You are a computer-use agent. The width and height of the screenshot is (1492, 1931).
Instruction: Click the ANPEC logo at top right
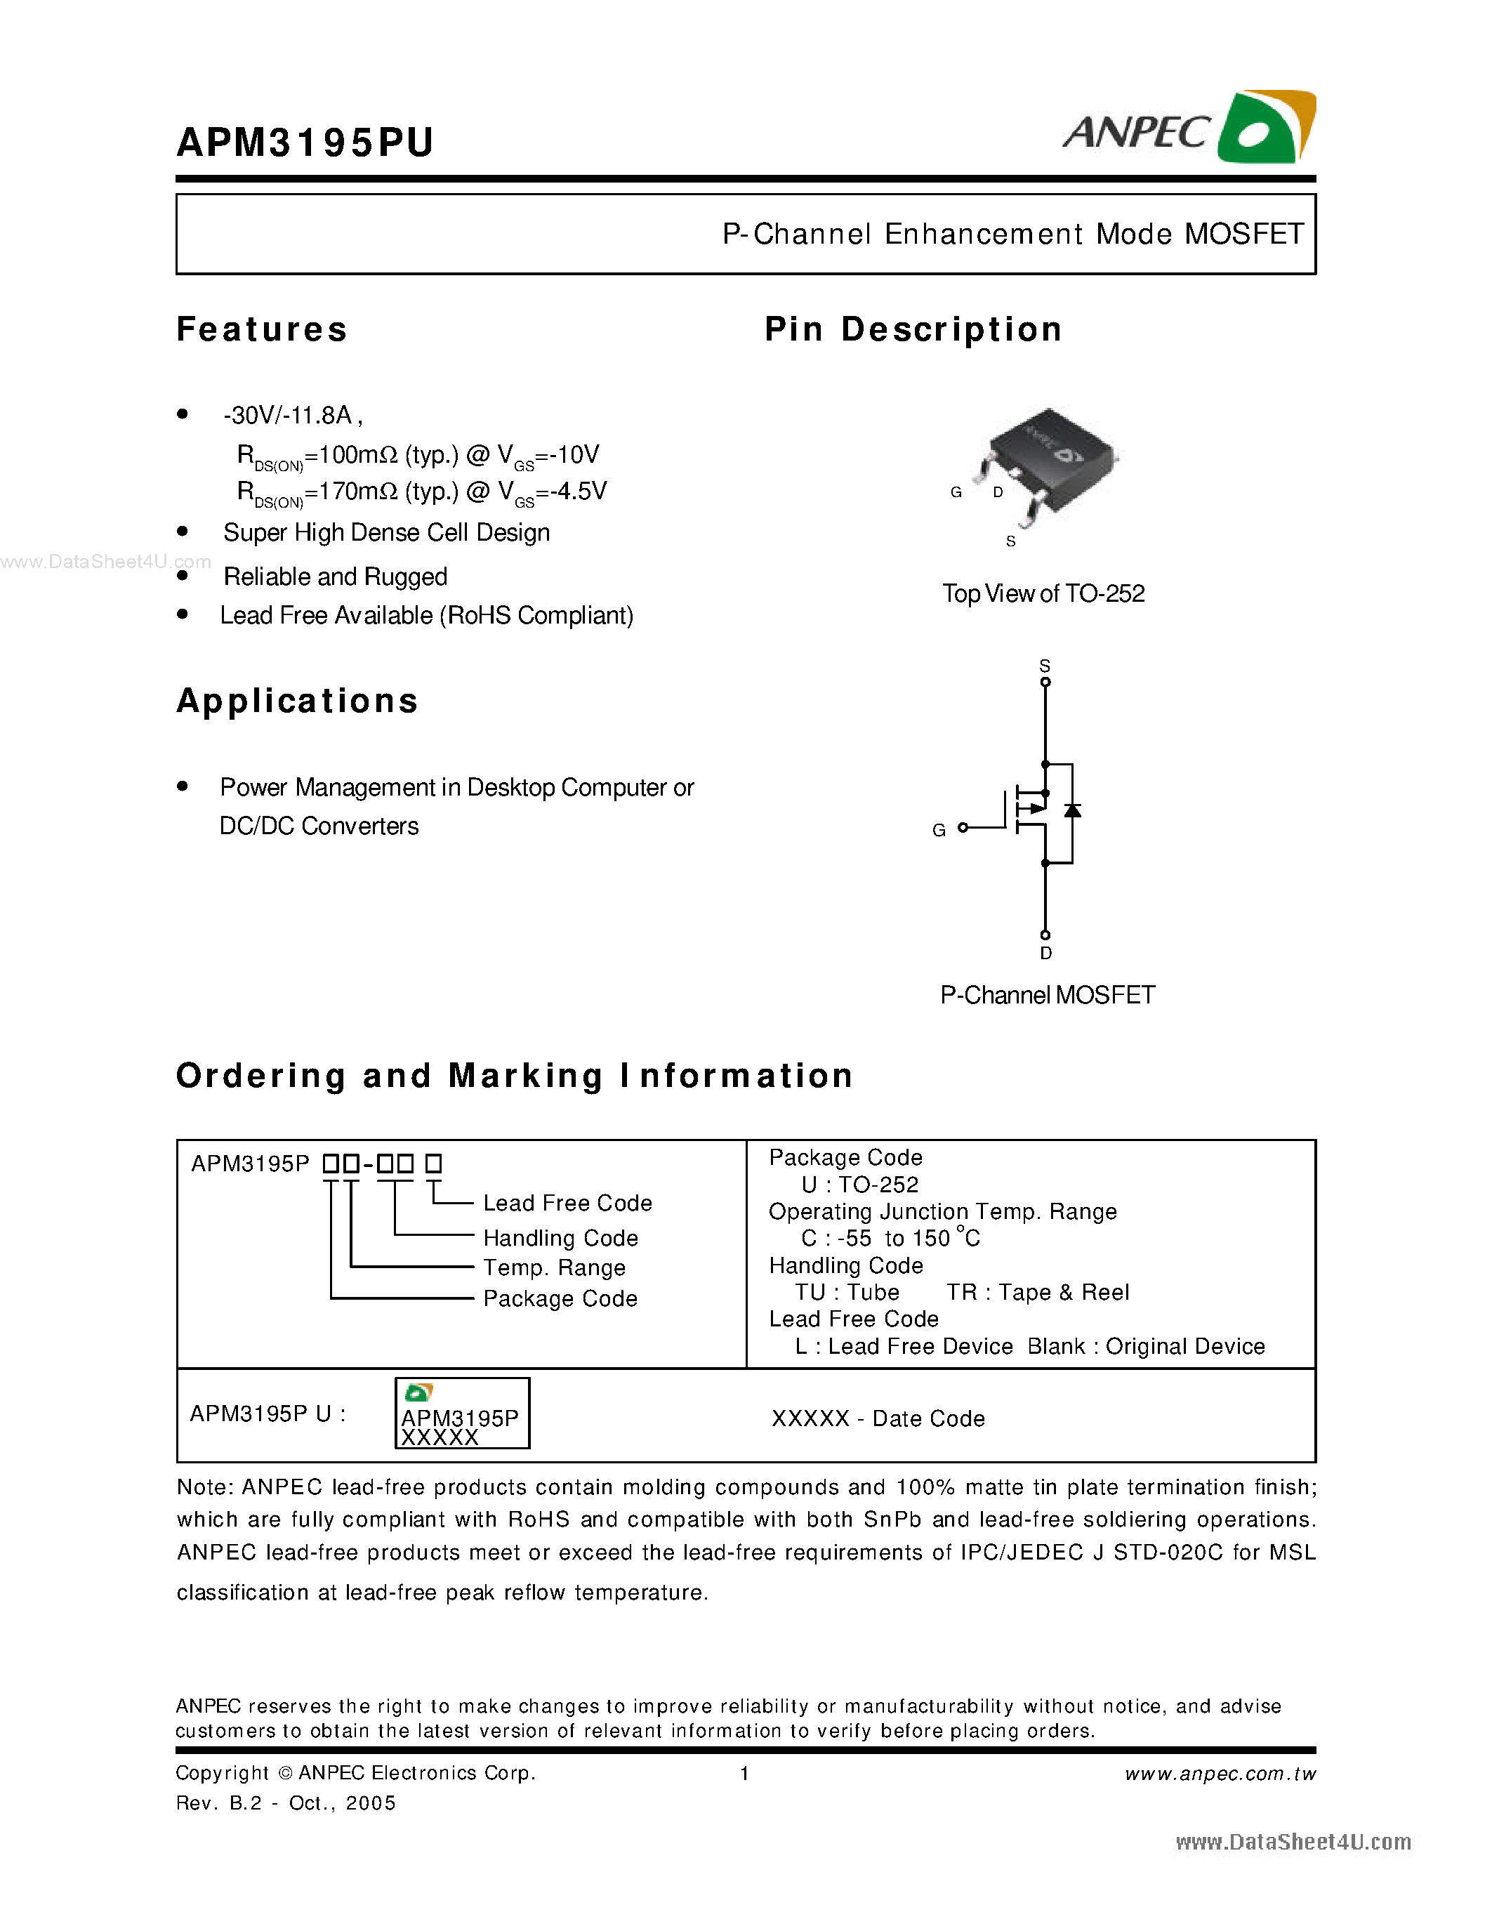click(1189, 128)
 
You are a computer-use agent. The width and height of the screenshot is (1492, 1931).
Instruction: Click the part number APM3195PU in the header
click(305, 143)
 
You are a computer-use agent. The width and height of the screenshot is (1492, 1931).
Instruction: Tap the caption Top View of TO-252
click(1043, 593)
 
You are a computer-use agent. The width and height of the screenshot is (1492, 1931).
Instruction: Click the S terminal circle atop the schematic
click(1045, 682)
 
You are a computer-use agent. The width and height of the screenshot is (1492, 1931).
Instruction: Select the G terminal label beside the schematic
click(939, 829)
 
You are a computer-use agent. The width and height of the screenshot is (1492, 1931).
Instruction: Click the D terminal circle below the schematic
click(1045, 935)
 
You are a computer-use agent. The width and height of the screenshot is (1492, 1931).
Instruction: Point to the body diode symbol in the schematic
click(1072, 810)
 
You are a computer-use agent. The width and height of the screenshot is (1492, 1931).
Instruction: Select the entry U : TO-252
click(859, 1185)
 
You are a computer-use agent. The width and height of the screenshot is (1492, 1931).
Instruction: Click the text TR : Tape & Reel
click(1038, 1292)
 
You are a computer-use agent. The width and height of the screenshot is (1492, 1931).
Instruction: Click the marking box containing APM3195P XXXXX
click(461, 1413)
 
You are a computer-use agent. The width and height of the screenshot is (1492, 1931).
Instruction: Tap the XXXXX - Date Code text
click(878, 1418)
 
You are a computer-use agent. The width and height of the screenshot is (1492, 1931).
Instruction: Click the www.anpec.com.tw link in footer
click(1220, 1774)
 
